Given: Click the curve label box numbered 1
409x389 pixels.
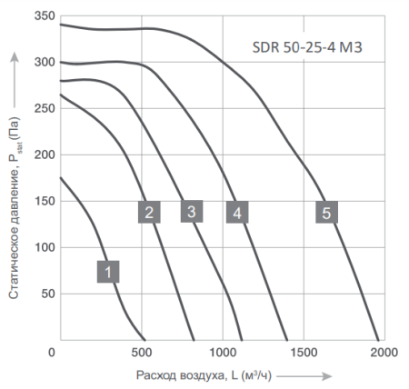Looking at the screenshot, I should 108,270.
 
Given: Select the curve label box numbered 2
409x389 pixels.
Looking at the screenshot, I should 149,212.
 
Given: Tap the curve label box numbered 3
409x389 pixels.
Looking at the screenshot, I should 191,211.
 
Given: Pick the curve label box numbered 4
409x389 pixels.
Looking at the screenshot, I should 236,213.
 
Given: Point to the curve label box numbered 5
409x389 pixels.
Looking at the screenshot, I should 327,212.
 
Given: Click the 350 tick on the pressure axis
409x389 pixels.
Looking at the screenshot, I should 40,15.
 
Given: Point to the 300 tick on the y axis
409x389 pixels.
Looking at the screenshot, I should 40,62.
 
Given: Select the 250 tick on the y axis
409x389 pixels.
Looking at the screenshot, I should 40,108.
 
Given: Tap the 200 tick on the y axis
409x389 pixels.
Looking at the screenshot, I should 40,155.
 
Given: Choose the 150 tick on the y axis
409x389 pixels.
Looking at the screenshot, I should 40,201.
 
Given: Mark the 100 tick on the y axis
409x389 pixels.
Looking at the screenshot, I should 40,247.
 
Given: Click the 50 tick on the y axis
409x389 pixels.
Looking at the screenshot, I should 44,294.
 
